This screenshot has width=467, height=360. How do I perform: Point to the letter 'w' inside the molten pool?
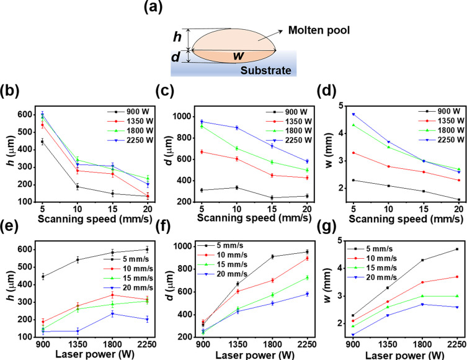[237, 56]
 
